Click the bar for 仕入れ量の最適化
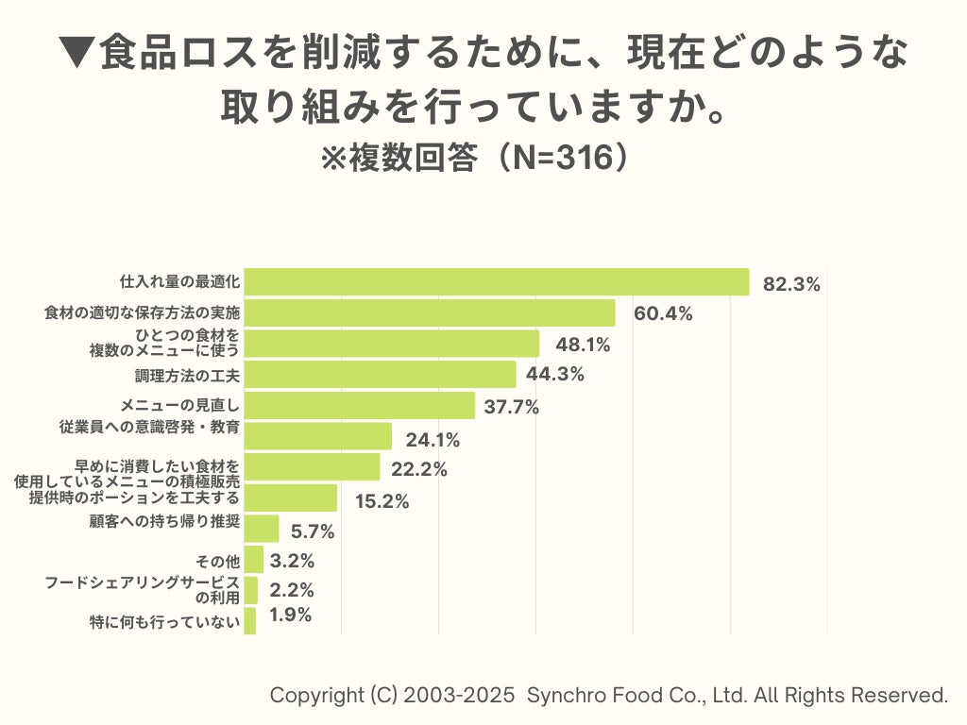[x=496, y=281]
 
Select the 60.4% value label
[x=663, y=314]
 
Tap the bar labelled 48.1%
[x=391, y=344]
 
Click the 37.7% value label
[x=511, y=407]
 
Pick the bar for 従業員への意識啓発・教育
[x=317, y=436]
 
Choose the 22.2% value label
[x=419, y=469]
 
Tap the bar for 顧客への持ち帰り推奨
[x=262, y=529]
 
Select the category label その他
[x=224, y=562]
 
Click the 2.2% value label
[x=292, y=591]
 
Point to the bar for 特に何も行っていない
[x=250, y=621]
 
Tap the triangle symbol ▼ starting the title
[x=76, y=53]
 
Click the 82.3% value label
[x=791, y=284]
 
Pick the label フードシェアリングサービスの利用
[x=143, y=590]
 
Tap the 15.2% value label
[x=382, y=501]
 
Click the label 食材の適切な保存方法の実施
[x=143, y=312]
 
